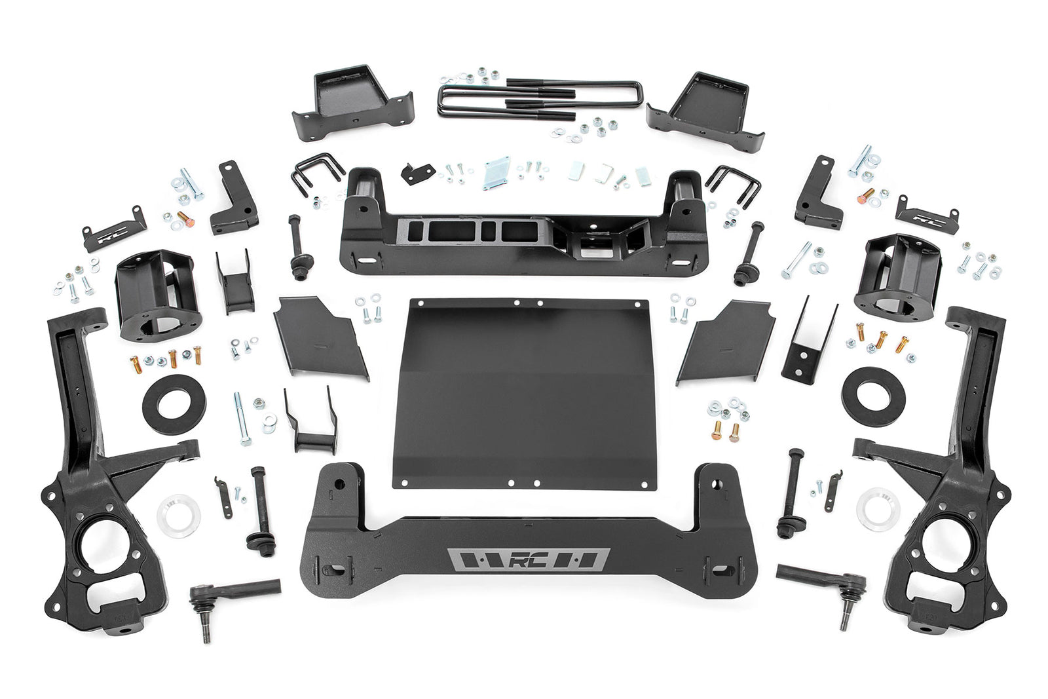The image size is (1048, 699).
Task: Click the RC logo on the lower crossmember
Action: coord(529,560)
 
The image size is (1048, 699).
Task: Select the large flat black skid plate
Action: coord(523,393)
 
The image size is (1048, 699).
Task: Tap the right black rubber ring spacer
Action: coord(873,396)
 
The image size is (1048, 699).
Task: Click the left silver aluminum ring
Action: coord(178,516)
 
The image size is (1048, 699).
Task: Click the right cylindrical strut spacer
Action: coord(897,272)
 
